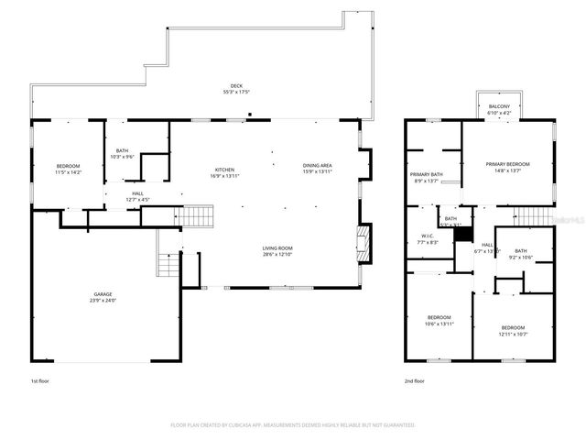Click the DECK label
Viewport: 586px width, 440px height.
pyautogui.click(x=237, y=86)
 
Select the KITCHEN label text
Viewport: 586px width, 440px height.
pyautogui.click(x=224, y=170)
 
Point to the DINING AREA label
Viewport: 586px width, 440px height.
pyautogui.click(x=318, y=166)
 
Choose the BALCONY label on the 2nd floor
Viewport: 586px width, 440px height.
pyautogui.click(x=499, y=107)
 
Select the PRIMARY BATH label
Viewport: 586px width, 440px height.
pyautogui.click(x=426, y=174)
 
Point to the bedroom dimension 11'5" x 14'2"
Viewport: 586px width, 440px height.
pyautogui.click(x=69, y=172)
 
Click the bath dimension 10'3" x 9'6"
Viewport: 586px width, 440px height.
pyautogui.click(x=122, y=156)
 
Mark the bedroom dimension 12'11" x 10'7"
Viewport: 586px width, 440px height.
pyautogui.click(x=513, y=334)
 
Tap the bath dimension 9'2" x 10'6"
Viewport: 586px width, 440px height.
pyautogui.click(x=520, y=258)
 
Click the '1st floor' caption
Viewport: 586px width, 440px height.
pyautogui.click(x=40, y=380)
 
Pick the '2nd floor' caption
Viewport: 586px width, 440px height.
pyautogui.click(x=414, y=380)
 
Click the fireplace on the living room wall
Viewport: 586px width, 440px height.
pyautogui.click(x=364, y=243)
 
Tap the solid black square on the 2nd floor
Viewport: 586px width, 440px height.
pyautogui.click(x=463, y=235)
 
